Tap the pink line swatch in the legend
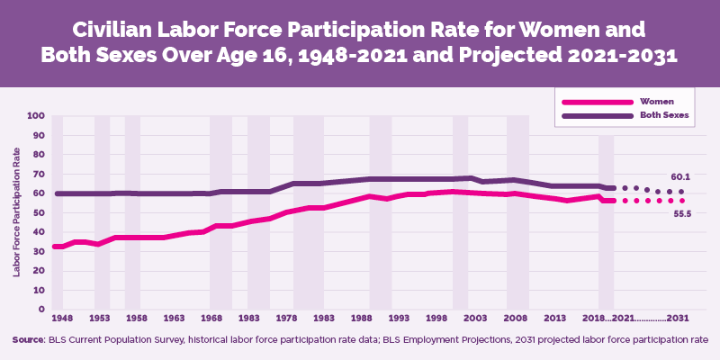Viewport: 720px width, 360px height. pyautogui.click(x=588, y=102)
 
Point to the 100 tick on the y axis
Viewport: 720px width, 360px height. pyautogui.click(x=36, y=116)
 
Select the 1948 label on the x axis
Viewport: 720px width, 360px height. pyautogui.click(x=62, y=319)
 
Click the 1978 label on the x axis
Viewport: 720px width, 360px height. pyautogui.click(x=286, y=319)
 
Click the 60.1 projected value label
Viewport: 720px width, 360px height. pyautogui.click(x=680, y=176)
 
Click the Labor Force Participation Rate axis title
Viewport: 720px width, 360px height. pyautogui.click(x=16, y=212)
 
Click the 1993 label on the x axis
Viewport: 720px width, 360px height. pyautogui.click(x=401, y=319)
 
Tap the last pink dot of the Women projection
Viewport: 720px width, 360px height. pyautogui.click(x=681, y=201)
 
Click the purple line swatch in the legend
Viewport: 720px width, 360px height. pyautogui.click(x=588, y=116)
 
